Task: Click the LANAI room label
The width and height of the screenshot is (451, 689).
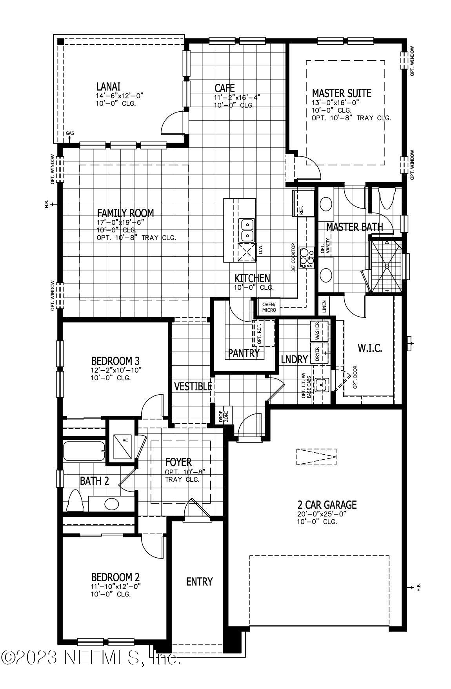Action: pos(108,86)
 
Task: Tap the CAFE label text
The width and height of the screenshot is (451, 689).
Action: pos(224,88)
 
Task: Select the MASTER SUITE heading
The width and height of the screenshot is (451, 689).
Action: pos(341,93)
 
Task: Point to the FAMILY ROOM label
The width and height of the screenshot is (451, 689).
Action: pos(125,213)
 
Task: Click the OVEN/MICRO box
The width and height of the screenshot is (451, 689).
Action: pos(269,307)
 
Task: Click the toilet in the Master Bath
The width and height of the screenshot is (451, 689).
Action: pos(386,198)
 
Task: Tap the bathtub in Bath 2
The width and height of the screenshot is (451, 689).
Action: pos(84,451)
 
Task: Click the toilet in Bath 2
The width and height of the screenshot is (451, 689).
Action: pos(76,500)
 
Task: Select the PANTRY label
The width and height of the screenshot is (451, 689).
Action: pos(244,354)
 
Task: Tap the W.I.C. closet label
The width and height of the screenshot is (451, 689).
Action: pos(369,348)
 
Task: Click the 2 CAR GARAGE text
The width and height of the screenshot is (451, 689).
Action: pos(326,504)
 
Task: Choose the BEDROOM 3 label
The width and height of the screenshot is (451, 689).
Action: pos(115,361)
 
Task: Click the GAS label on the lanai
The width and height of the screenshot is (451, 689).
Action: pos(70,133)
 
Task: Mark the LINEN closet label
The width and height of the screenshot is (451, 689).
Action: pos(324,306)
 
